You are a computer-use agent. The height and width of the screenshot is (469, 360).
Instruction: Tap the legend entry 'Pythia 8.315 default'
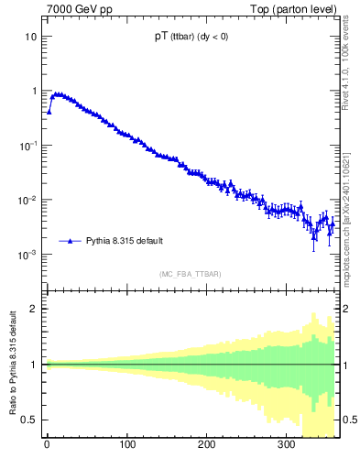pos(125,241)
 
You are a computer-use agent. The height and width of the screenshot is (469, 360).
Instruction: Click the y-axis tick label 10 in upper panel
pos(31,37)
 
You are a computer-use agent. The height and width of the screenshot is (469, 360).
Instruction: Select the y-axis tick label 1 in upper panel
pos(34,91)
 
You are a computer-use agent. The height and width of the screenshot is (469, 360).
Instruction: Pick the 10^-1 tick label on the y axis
pos(28,145)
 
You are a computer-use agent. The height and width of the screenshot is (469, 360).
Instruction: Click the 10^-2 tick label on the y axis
pos(28,200)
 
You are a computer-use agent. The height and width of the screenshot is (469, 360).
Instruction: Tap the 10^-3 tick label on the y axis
pos(28,254)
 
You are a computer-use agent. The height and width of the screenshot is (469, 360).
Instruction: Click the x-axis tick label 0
pos(47,446)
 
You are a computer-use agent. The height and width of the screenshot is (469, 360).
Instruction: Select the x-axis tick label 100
pos(127,446)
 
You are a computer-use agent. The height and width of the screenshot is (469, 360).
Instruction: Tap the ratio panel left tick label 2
pos(34,309)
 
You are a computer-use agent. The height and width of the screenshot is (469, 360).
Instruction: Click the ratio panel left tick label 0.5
pos(30,420)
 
